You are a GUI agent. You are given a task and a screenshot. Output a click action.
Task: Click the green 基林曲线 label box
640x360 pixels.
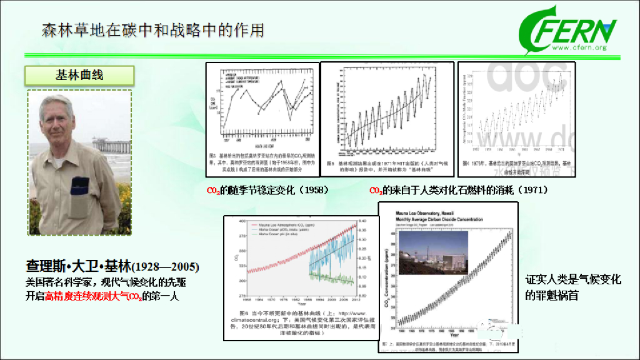point(79,76)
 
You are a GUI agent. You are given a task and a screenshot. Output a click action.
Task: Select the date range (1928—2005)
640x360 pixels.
point(166,267)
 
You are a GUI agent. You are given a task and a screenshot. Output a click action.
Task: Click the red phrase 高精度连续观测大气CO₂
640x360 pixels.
point(93,296)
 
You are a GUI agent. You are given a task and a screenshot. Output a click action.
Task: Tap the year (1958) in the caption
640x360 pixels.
point(311,189)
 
